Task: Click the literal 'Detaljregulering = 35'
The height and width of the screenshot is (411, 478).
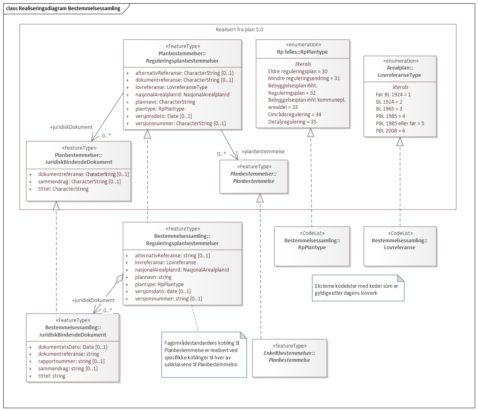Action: coord(292,122)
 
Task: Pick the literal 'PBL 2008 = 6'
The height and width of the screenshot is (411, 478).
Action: coord(391,130)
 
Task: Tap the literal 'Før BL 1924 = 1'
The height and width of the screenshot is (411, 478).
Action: coord(393,94)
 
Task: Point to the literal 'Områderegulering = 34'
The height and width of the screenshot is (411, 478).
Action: coord(295,114)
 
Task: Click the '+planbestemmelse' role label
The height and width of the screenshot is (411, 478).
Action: coord(263,151)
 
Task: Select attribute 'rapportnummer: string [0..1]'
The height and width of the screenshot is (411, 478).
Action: coord(71,361)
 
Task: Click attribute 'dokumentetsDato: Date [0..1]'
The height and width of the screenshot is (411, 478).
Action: coord(72,347)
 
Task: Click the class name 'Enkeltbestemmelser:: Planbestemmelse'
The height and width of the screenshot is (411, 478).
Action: coord(289,357)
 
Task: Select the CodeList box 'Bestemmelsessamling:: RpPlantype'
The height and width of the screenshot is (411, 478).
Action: coord(312,246)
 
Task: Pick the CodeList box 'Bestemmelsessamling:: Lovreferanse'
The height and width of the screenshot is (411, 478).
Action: coord(399,246)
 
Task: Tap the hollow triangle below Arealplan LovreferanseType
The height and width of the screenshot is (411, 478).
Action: coord(400,141)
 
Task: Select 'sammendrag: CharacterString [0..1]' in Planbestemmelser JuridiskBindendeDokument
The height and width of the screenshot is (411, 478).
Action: coord(79,181)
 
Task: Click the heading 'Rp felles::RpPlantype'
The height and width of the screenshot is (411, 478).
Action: coord(303,52)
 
